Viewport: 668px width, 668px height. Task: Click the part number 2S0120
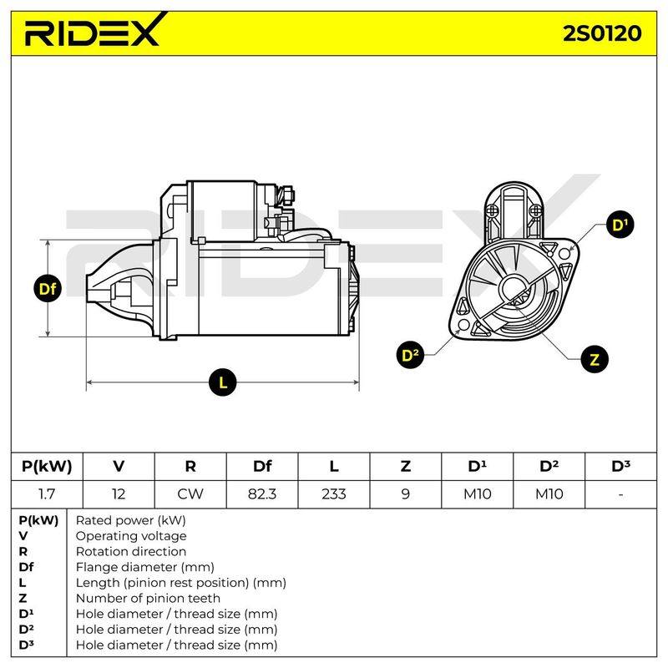[602, 33]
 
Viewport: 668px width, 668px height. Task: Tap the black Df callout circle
[48, 289]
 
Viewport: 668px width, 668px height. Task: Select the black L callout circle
[223, 382]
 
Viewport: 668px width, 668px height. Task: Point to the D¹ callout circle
[620, 225]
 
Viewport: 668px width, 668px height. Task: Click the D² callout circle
[410, 354]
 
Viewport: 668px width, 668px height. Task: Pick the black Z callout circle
[595, 359]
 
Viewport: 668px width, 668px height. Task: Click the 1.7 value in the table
[47, 494]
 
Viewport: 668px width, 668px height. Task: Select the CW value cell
[190, 494]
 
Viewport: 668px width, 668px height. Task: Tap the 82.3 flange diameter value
[262, 494]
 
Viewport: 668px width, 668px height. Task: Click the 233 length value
[333, 494]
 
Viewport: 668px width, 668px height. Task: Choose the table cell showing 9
[405, 494]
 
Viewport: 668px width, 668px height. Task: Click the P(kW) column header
[47, 466]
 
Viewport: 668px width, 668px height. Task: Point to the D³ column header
[620, 466]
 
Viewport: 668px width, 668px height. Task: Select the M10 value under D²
[549, 494]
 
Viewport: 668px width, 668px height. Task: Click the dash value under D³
[620, 494]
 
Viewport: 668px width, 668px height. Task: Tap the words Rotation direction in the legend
[131, 551]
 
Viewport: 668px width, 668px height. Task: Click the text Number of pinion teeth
[148, 598]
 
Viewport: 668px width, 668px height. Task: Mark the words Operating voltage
[131, 536]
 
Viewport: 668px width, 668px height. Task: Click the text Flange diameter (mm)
[144, 567]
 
